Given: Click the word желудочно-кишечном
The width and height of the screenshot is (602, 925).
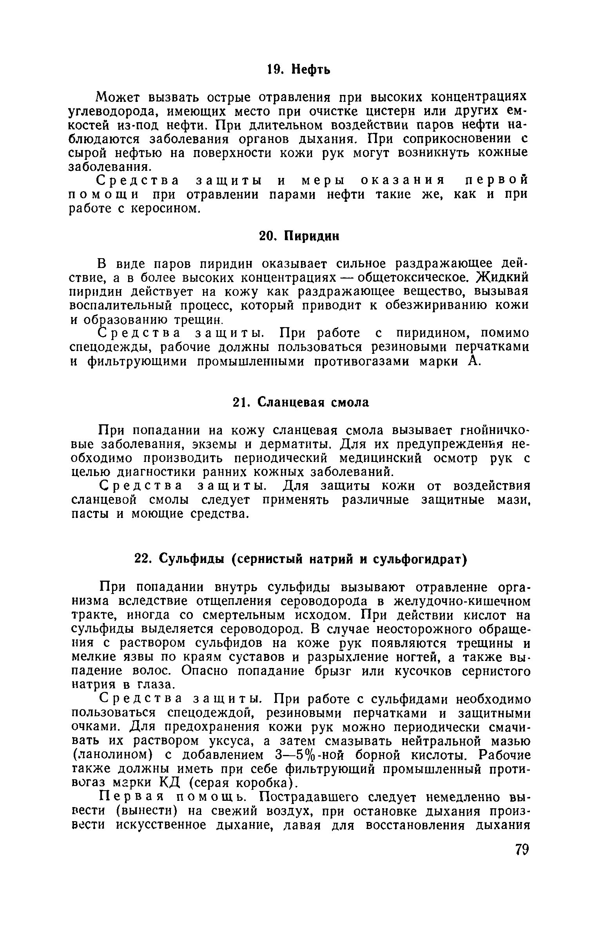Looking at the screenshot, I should coord(461,601).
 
